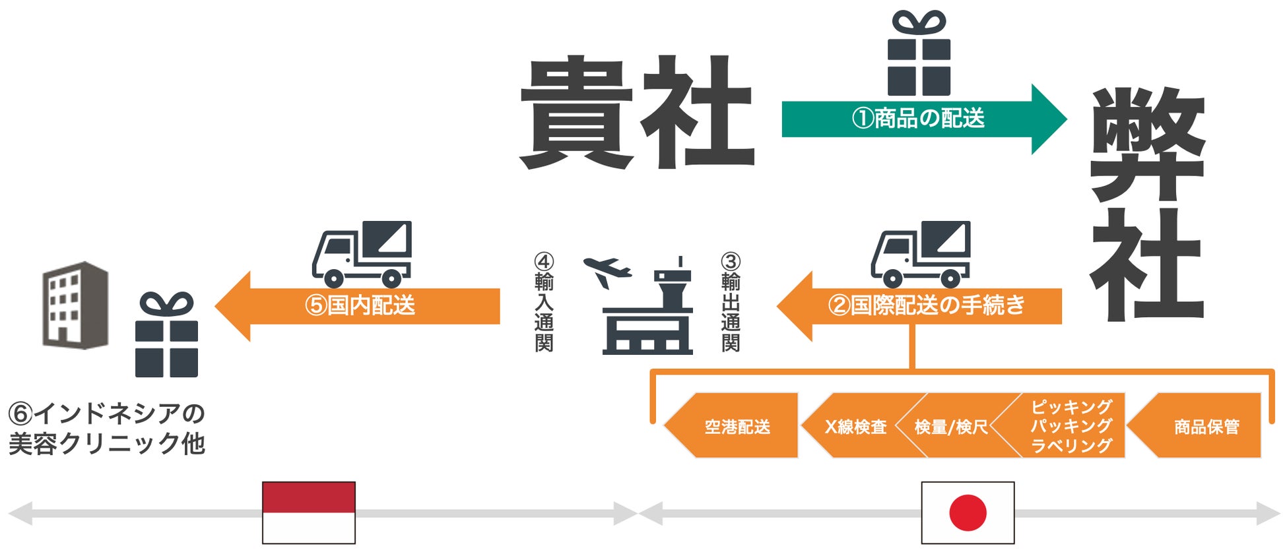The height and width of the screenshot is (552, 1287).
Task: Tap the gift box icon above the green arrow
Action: pos(919,54)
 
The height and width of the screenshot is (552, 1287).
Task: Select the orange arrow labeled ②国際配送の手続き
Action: pos(924,306)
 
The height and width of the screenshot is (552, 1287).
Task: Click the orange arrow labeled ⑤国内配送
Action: pos(360,306)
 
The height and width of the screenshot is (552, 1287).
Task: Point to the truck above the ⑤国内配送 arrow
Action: pos(362,254)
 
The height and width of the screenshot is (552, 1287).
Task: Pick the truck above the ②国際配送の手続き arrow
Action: pos(921,254)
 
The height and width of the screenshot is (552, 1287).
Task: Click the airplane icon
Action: pos(607,270)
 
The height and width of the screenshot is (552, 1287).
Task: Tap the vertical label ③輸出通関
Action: pos(731,303)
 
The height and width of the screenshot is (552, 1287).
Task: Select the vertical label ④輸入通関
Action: pos(544,303)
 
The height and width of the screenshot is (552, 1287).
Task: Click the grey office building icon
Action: pos(75,305)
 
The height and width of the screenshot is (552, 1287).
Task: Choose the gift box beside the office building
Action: pos(166,336)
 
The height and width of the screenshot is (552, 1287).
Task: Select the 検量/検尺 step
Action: pos(950,427)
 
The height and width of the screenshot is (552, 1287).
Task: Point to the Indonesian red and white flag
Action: pos(309,513)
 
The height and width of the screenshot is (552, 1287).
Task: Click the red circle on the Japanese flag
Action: pos(968,513)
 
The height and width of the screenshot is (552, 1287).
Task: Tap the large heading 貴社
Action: pos(637,112)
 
